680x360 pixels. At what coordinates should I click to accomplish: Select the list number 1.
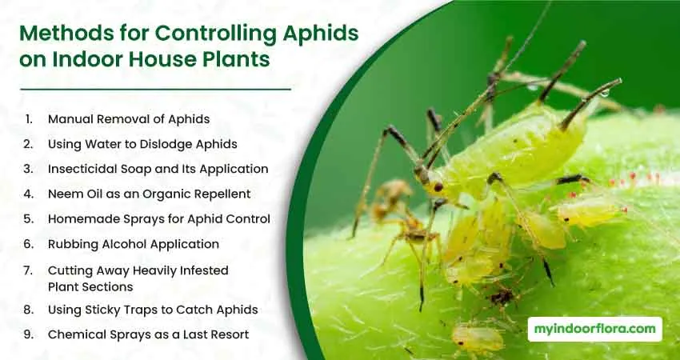[29, 119]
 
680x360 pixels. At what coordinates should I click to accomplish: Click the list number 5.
[29, 219]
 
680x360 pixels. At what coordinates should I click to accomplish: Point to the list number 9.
[29, 334]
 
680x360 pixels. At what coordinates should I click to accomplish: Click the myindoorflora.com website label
[595, 330]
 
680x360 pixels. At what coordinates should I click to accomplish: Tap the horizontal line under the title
[155, 90]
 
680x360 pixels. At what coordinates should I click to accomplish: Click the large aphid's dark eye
[438, 187]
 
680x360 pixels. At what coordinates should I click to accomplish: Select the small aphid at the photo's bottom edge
[478, 338]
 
